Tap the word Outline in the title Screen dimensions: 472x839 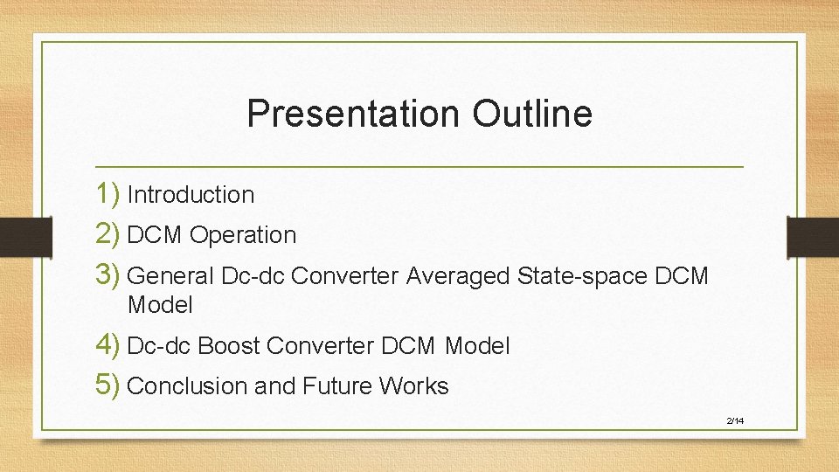[x=532, y=114]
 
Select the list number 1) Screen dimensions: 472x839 [x=108, y=194]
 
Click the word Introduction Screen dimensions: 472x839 [x=191, y=195]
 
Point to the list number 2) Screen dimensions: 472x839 [x=108, y=234]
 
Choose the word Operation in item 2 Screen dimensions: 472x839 [x=243, y=235]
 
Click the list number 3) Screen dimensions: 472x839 [x=108, y=275]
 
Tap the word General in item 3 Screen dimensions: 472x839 [x=170, y=276]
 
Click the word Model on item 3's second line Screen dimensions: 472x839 [x=160, y=305]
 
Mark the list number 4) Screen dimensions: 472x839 [x=108, y=345]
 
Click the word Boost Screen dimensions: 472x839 [x=229, y=346]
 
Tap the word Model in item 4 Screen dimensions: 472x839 [x=477, y=346]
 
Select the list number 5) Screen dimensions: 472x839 [x=108, y=385]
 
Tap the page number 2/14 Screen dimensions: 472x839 [x=735, y=421]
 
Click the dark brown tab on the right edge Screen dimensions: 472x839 [x=812, y=236]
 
